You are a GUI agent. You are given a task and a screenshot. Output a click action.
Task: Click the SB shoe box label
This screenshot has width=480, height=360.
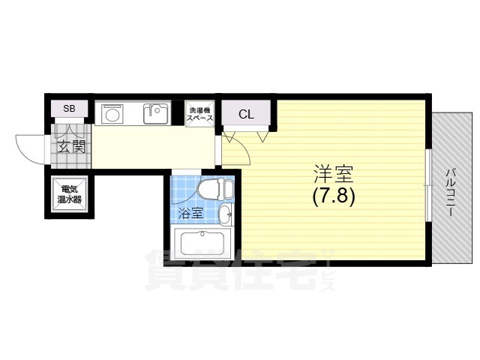(x=69, y=108)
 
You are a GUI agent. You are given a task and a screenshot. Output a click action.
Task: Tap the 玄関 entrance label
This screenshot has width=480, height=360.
(x=71, y=148)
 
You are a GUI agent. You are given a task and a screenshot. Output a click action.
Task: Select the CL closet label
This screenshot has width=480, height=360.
(x=247, y=115)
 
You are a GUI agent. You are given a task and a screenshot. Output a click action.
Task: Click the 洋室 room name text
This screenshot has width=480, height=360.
(x=333, y=175)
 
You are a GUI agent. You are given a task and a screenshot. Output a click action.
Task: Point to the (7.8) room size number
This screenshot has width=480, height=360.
(x=333, y=196)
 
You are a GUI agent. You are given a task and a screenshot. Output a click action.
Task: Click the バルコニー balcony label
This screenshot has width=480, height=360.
(x=450, y=192)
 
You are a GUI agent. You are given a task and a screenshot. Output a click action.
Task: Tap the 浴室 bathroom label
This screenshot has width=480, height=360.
(x=190, y=213)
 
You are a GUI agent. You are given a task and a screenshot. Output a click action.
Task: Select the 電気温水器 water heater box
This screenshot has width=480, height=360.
(x=70, y=194)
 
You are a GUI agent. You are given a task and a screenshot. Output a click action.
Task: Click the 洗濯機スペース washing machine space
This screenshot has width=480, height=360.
(x=200, y=114)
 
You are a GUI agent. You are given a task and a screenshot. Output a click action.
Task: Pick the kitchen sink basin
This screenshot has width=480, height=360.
(x=156, y=114)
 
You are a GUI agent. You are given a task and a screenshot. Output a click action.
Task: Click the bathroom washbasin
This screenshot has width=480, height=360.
(x=226, y=215)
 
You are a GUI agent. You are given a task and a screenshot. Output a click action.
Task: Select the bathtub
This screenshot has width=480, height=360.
(x=202, y=244)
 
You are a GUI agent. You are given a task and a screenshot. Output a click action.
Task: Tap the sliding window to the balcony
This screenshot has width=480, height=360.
(x=428, y=186)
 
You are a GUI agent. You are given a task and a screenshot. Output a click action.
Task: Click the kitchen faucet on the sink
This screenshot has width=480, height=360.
(x=152, y=108)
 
